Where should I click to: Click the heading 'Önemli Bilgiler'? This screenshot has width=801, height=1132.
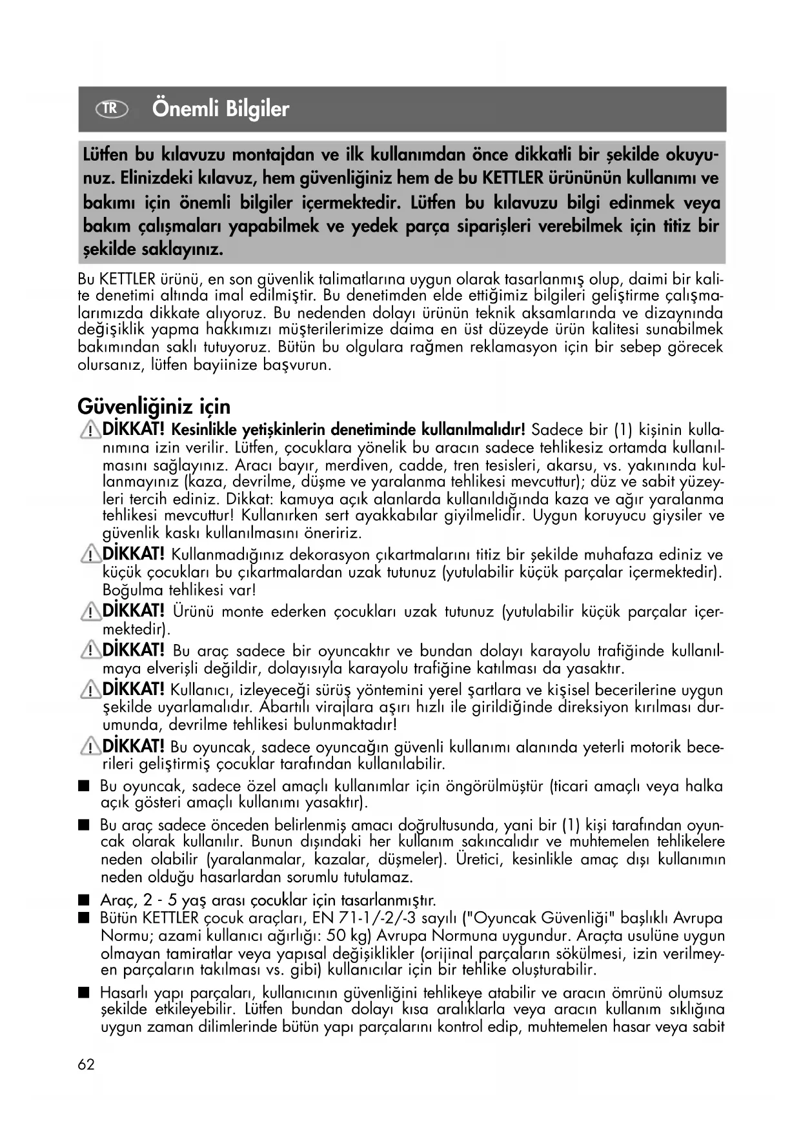point(221,109)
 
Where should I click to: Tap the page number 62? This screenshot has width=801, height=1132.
point(86,1064)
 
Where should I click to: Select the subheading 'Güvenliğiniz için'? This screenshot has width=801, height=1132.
point(154,407)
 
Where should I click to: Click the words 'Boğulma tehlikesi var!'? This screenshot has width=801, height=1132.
point(179,590)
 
